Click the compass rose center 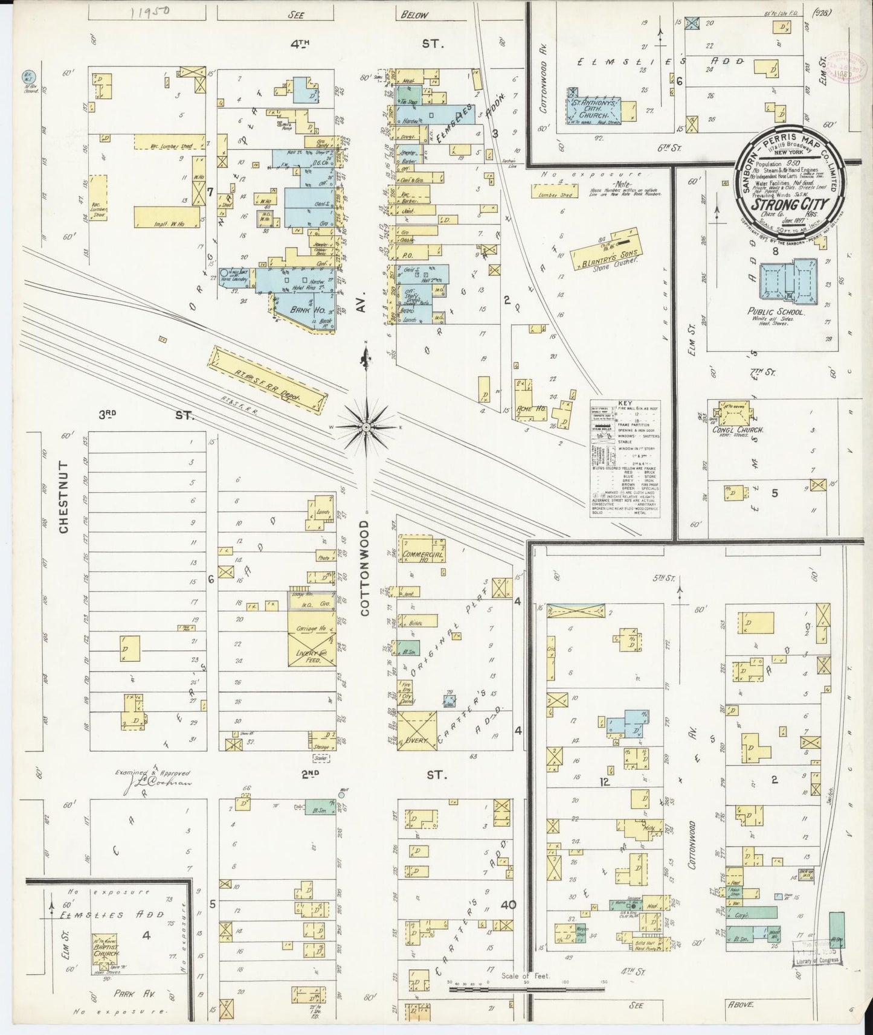point(366,426)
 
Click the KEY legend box point(625,457)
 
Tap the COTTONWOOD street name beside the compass point(366,569)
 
